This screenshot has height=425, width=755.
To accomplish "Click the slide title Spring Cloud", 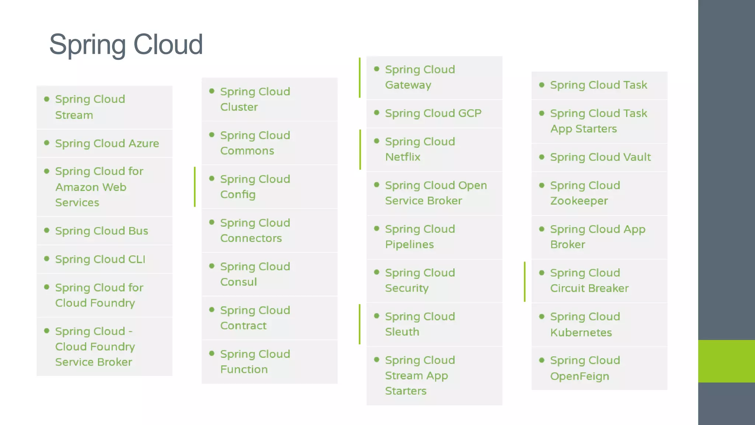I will click(x=126, y=45).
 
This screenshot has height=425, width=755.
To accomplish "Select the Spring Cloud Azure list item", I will click(x=107, y=144).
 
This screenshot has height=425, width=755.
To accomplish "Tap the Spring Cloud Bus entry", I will click(x=101, y=231).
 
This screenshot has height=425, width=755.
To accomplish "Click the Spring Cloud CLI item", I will click(x=100, y=259).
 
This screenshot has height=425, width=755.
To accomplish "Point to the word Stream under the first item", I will click(x=74, y=115).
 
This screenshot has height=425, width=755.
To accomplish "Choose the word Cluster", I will click(x=239, y=107).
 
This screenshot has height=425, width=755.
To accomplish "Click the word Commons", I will click(x=247, y=151).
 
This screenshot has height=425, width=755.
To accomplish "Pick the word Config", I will click(x=238, y=194).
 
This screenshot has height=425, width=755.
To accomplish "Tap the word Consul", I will click(x=239, y=282).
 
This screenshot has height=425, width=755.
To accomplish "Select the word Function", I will click(x=244, y=369).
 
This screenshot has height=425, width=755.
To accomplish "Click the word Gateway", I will click(x=408, y=85).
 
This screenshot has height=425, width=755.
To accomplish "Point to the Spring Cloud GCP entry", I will click(x=433, y=113).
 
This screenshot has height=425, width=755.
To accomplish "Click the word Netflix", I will click(x=403, y=157).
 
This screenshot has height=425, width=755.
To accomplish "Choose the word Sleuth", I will click(x=402, y=332).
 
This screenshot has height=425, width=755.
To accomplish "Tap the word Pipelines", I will click(x=409, y=245).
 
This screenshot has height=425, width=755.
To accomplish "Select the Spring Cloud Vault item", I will click(x=600, y=157).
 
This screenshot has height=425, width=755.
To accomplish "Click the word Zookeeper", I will click(x=579, y=201).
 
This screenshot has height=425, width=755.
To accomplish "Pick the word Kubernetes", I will click(x=581, y=332).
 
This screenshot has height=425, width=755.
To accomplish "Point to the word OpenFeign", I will click(x=580, y=376).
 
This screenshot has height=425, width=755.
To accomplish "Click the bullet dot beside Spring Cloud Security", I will click(x=377, y=272).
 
